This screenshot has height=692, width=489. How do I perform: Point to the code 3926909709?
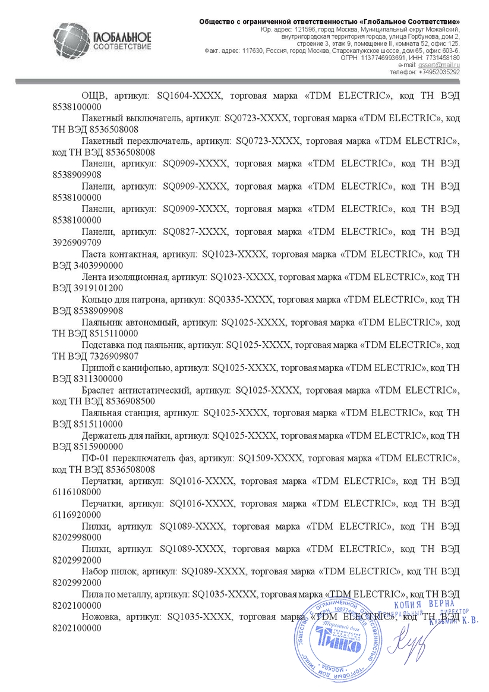[x=77, y=242]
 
